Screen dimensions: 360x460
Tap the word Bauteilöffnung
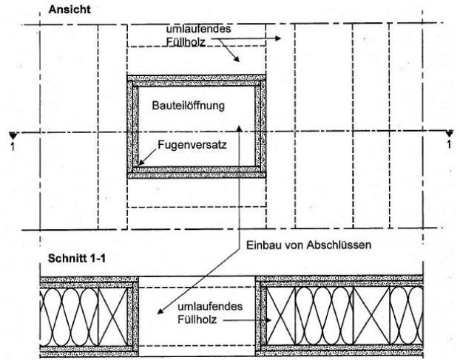189,105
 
